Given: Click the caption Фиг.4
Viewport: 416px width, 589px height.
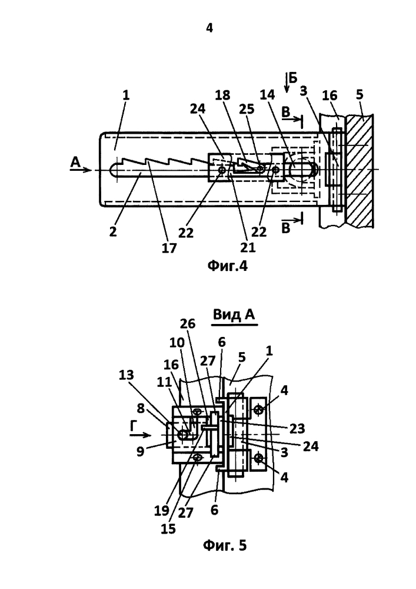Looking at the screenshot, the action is pyautogui.click(x=227, y=266).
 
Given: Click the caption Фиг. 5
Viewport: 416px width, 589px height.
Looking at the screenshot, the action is pyautogui.click(x=225, y=545).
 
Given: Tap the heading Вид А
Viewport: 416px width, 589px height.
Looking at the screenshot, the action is pyautogui.click(x=234, y=315).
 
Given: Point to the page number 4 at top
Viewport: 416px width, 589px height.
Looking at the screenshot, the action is pyautogui.click(x=209, y=28).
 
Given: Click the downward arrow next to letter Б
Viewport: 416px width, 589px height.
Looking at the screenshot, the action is pyautogui.click(x=287, y=84).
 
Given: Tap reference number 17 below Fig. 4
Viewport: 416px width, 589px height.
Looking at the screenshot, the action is pyautogui.click(x=169, y=247).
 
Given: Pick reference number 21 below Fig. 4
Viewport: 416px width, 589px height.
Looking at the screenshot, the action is pyautogui.click(x=248, y=247).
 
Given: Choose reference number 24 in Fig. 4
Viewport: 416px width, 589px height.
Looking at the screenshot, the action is pyautogui.click(x=198, y=108).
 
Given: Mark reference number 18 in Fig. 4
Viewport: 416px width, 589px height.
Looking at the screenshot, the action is pyautogui.click(x=222, y=95).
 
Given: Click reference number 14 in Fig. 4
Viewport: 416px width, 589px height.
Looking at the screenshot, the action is pyautogui.click(x=267, y=95).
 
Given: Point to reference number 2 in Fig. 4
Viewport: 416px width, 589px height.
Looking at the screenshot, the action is pyautogui.click(x=113, y=231).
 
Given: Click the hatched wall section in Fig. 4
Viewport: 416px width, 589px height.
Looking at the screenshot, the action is pyautogui.click(x=360, y=171).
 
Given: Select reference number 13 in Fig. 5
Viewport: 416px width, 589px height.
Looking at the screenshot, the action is pyautogui.click(x=127, y=375).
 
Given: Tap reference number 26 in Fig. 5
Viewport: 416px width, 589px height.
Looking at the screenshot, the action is pyautogui.click(x=188, y=323).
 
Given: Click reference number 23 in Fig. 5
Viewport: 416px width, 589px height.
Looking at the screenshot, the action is pyautogui.click(x=297, y=428).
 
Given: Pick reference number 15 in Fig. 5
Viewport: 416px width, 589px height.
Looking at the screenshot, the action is pyautogui.click(x=168, y=528).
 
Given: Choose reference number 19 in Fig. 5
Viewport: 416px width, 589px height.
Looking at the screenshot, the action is pyautogui.click(x=161, y=511).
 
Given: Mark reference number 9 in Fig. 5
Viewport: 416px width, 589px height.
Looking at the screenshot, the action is pyautogui.click(x=140, y=451).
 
